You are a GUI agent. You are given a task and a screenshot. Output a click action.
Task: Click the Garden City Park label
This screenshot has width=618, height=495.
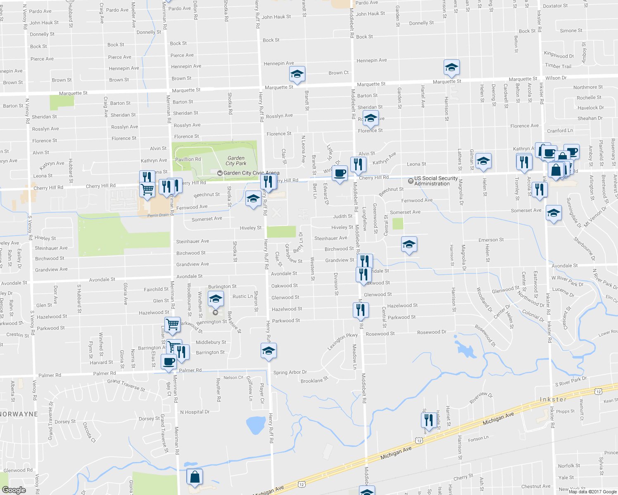[x=236, y=161]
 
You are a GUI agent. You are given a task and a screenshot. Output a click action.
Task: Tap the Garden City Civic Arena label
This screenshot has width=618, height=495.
[x=251, y=173]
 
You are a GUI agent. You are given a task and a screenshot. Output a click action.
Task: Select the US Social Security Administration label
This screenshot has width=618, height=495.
[x=436, y=181]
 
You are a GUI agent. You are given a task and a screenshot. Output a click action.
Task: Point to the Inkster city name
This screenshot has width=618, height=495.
[x=553, y=399]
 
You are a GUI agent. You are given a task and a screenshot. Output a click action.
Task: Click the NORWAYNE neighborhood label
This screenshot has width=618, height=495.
[x=19, y=414]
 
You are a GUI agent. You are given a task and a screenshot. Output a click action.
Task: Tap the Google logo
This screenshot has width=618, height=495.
[x=14, y=490]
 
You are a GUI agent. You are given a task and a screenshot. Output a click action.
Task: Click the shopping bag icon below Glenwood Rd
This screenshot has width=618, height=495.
[x=195, y=477]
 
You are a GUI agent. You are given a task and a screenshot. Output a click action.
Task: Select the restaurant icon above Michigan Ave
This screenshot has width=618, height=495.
[x=429, y=420]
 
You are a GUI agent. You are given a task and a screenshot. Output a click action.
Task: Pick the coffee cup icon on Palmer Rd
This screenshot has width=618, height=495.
[x=169, y=362]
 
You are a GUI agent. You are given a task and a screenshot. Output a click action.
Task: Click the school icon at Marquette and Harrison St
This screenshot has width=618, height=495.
[x=452, y=67]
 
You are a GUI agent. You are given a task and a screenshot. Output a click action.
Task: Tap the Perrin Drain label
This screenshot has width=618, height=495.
[x=158, y=215]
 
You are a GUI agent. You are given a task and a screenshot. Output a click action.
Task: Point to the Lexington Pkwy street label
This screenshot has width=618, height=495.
[x=342, y=342]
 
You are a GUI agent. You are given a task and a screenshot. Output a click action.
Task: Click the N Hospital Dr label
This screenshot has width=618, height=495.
[x=195, y=412]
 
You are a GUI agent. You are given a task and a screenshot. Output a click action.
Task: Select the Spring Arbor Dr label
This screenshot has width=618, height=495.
[x=290, y=372]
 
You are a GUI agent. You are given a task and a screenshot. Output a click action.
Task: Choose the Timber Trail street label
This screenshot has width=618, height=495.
[x=558, y=66]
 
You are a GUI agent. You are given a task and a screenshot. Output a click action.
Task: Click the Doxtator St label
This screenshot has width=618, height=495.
[x=555, y=6]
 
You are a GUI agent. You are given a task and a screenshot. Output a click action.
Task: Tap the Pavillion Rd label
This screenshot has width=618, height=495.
[x=188, y=159]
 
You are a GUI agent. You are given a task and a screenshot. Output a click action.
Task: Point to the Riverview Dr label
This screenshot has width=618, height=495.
[x=481, y=398]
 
